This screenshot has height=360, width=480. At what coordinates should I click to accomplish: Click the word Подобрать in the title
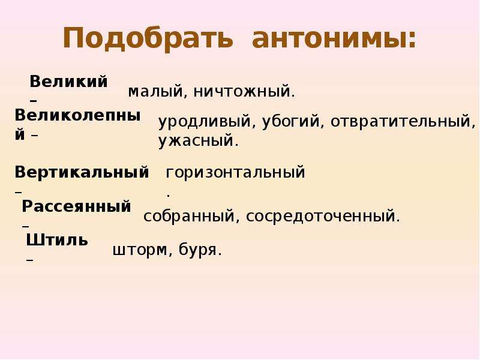pyautogui.click(x=148, y=38)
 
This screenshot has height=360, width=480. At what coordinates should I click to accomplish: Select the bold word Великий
pyautogui.click(x=68, y=82)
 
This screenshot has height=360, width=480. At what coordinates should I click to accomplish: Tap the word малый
pyautogui.click(x=155, y=92)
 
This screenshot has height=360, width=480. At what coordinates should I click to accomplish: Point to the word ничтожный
pyautogui.click(x=242, y=91)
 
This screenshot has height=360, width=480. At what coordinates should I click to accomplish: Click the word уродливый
pyautogui.click(x=205, y=121)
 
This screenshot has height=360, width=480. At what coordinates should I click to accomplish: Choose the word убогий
pyautogui.click(x=290, y=121)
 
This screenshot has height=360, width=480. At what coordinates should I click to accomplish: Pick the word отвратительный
pyautogui.click(x=400, y=121)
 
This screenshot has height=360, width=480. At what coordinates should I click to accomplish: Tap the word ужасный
pyautogui.click(x=196, y=141)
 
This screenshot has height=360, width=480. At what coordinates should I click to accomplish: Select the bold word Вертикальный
pyautogui.click(x=82, y=172)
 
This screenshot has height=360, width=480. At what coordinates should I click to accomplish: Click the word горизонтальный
pyautogui.click(x=235, y=172)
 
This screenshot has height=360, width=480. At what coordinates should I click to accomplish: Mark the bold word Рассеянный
pyautogui.click(x=77, y=206)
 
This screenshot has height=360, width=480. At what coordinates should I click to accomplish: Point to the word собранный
pyautogui.click(x=189, y=216)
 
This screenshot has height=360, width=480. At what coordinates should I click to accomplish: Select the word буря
pyautogui.click(x=197, y=250)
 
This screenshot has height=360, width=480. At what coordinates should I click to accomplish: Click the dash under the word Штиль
pyautogui.click(x=29, y=260)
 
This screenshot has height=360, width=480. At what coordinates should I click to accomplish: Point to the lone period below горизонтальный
pyautogui.click(x=169, y=195)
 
